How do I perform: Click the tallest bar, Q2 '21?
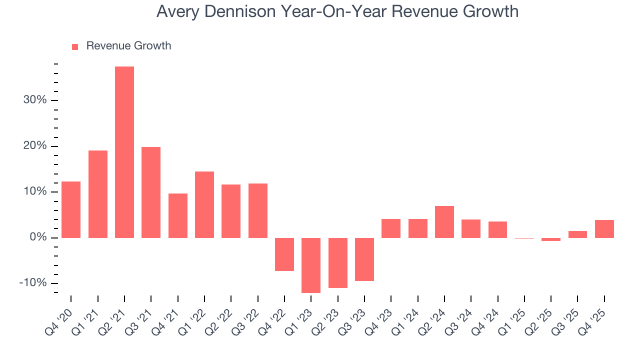click(x=124, y=152)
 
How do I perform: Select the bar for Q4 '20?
click(x=71, y=209)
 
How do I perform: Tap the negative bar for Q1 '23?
click(x=311, y=265)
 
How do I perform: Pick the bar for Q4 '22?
click(x=284, y=254)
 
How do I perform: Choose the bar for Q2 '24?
click(x=444, y=221)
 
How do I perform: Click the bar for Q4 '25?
click(x=604, y=228)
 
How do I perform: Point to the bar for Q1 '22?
click(x=204, y=204)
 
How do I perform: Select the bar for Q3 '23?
click(x=364, y=259)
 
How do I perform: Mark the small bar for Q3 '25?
click(x=577, y=234)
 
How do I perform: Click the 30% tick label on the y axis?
click(x=34, y=100)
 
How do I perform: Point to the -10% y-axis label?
click(x=32, y=283)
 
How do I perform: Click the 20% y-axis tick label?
click(x=34, y=146)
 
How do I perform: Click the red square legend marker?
click(x=75, y=46)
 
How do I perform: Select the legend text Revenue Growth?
click(x=128, y=46)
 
